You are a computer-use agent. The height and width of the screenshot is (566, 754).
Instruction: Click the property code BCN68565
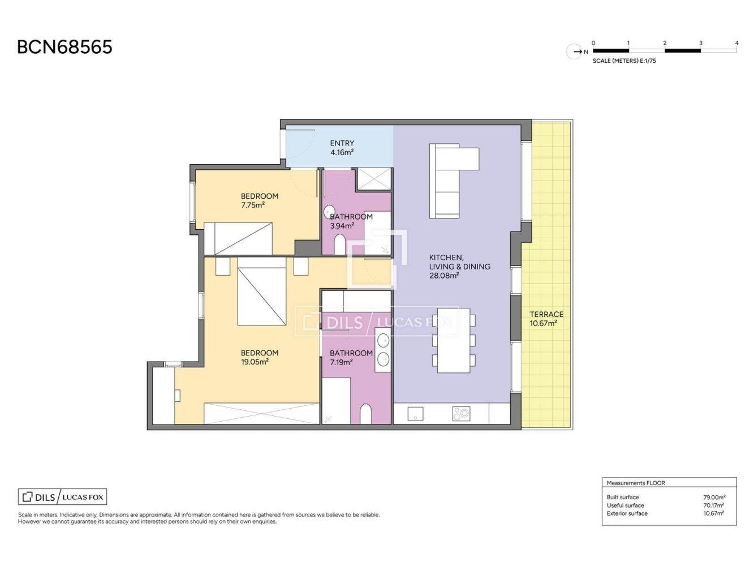(64, 47)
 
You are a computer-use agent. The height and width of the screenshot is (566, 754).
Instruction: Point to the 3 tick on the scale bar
(700, 43)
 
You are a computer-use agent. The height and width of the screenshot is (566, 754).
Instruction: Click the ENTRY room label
(342, 143)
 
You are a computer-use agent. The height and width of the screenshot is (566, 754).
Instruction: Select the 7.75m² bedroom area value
(253, 205)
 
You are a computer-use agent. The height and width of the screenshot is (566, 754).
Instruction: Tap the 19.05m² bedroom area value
(255, 362)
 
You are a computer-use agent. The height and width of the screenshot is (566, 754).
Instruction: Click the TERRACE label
(546, 314)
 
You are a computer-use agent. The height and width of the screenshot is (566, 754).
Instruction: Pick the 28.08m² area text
(444, 275)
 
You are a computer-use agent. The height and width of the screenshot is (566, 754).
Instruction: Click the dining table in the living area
(454, 340)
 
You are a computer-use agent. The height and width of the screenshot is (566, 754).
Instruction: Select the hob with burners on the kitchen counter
(461, 414)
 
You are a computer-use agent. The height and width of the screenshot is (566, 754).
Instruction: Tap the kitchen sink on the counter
(415, 414)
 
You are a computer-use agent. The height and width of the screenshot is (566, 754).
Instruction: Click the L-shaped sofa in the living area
(454, 181)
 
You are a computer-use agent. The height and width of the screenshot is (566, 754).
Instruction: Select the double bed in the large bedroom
(262, 291)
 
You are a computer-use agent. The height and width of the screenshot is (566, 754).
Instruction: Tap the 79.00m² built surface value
(714, 498)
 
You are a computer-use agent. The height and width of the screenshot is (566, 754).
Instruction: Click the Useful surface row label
(625, 505)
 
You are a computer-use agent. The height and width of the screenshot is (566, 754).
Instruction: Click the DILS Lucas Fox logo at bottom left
(63, 497)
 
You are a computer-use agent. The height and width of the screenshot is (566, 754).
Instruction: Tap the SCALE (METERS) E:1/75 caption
(624, 61)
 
